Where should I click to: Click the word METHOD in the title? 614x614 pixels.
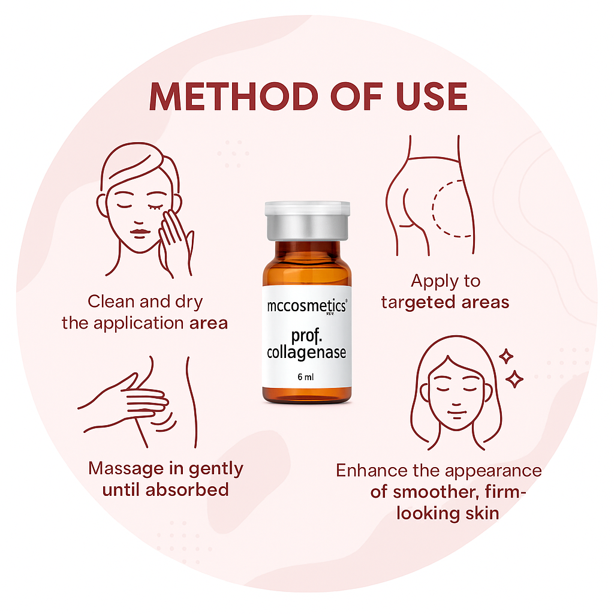pos(234,97)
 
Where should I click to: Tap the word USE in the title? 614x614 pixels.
pos(432,97)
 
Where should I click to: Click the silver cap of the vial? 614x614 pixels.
pos(308,221)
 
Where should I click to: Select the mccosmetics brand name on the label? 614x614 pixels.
pos(306,306)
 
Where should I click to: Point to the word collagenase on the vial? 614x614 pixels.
pos(306,353)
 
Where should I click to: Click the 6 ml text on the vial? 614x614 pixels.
pos(305,377)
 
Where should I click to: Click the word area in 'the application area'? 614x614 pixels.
pos(208,323)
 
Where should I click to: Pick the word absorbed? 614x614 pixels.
pos(187,490)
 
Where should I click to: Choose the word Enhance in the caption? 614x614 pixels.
pos(371,470)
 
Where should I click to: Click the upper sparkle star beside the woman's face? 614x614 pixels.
pos(506,356)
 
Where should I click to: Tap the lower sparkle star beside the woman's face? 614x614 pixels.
pos(514,379)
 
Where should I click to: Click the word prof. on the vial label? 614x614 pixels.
pos(306,336)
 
